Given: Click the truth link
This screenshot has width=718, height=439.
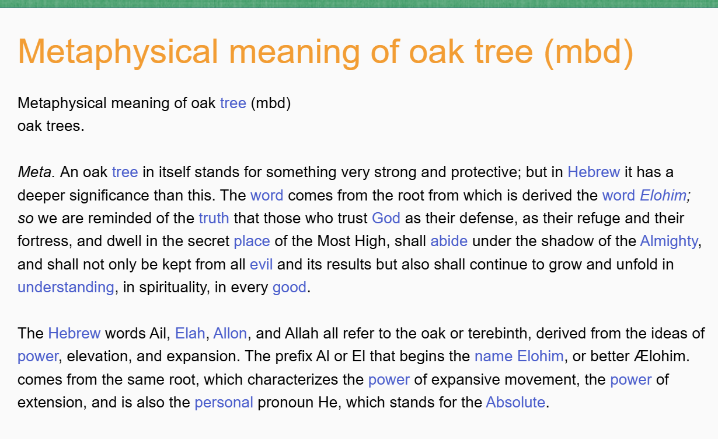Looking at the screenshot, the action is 214,218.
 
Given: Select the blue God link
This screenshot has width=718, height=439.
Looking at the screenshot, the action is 386,218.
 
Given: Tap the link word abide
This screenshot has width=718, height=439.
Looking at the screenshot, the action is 449,241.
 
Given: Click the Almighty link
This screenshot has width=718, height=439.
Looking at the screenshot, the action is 669,241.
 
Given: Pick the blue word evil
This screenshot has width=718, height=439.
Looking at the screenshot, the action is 262,264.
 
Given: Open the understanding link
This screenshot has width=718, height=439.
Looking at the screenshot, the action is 66,288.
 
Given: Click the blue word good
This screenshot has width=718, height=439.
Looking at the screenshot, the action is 290,288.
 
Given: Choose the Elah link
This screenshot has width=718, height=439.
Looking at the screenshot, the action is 190,333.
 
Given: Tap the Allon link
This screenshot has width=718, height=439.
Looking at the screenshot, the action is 230,333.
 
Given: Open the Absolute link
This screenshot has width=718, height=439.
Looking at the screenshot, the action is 515,402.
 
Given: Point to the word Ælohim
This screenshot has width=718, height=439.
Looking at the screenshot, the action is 661,357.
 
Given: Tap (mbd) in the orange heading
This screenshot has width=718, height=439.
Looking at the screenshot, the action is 589,53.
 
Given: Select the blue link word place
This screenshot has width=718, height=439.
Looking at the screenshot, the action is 252,241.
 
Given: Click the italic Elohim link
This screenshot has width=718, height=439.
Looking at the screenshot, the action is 663,195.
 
